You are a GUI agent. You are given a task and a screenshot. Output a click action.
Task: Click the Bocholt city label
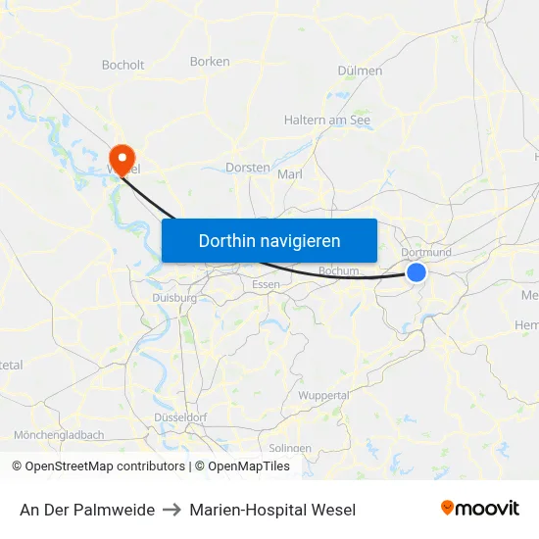tap(122, 66)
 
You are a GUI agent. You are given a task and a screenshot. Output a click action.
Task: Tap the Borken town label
tap(210, 62)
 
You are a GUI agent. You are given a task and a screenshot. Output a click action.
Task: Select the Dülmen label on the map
tap(360, 71)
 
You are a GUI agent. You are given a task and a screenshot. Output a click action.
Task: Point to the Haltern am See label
tap(327, 120)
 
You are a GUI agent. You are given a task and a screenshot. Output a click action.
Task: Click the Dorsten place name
tap(247, 168)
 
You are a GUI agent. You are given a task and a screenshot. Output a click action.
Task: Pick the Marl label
tap(290, 174)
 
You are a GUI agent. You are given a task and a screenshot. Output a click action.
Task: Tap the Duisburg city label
tap(174, 298)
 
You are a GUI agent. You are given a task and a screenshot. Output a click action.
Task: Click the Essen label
tap(266, 284)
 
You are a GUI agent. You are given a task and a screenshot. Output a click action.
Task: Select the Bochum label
tap(339, 270)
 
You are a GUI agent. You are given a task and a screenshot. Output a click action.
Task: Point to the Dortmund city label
tap(427, 252)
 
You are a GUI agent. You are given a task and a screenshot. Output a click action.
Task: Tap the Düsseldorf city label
tap(180, 417)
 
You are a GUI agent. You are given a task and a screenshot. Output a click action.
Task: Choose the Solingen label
tap(291, 448)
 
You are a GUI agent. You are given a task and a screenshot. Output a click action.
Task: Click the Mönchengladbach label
tap(59, 434)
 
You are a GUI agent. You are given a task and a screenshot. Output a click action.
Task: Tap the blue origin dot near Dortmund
tap(416, 272)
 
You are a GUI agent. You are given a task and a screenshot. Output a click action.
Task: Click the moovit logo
tap(480, 509)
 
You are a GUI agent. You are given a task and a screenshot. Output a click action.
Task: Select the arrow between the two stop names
tap(171, 510)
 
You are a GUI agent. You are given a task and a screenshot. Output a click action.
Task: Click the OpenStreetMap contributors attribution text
tap(105, 466)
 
